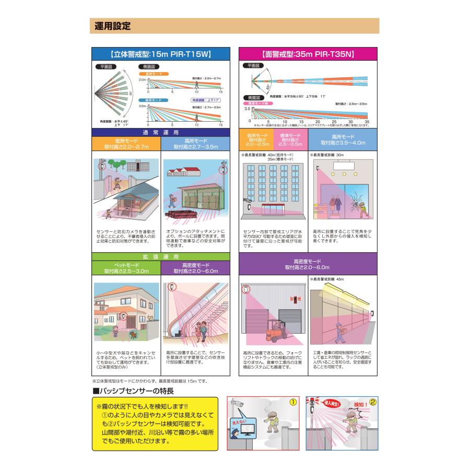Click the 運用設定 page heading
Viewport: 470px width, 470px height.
click(x=113, y=26)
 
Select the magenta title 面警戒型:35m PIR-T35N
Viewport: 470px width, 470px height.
click(x=308, y=54)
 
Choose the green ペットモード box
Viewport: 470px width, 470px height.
click(x=126, y=268)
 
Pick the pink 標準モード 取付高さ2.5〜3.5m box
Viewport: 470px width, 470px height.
click(x=289, y=139)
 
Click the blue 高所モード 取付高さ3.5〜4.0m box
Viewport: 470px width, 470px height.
click(x=343, y=139)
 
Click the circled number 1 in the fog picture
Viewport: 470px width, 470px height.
click(x=293, y=402)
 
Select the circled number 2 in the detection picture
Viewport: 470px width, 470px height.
click(x=372, y=403)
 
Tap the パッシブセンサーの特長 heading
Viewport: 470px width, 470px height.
click(x=133, y=391)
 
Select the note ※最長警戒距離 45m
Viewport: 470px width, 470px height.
click(x=327, y=279)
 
